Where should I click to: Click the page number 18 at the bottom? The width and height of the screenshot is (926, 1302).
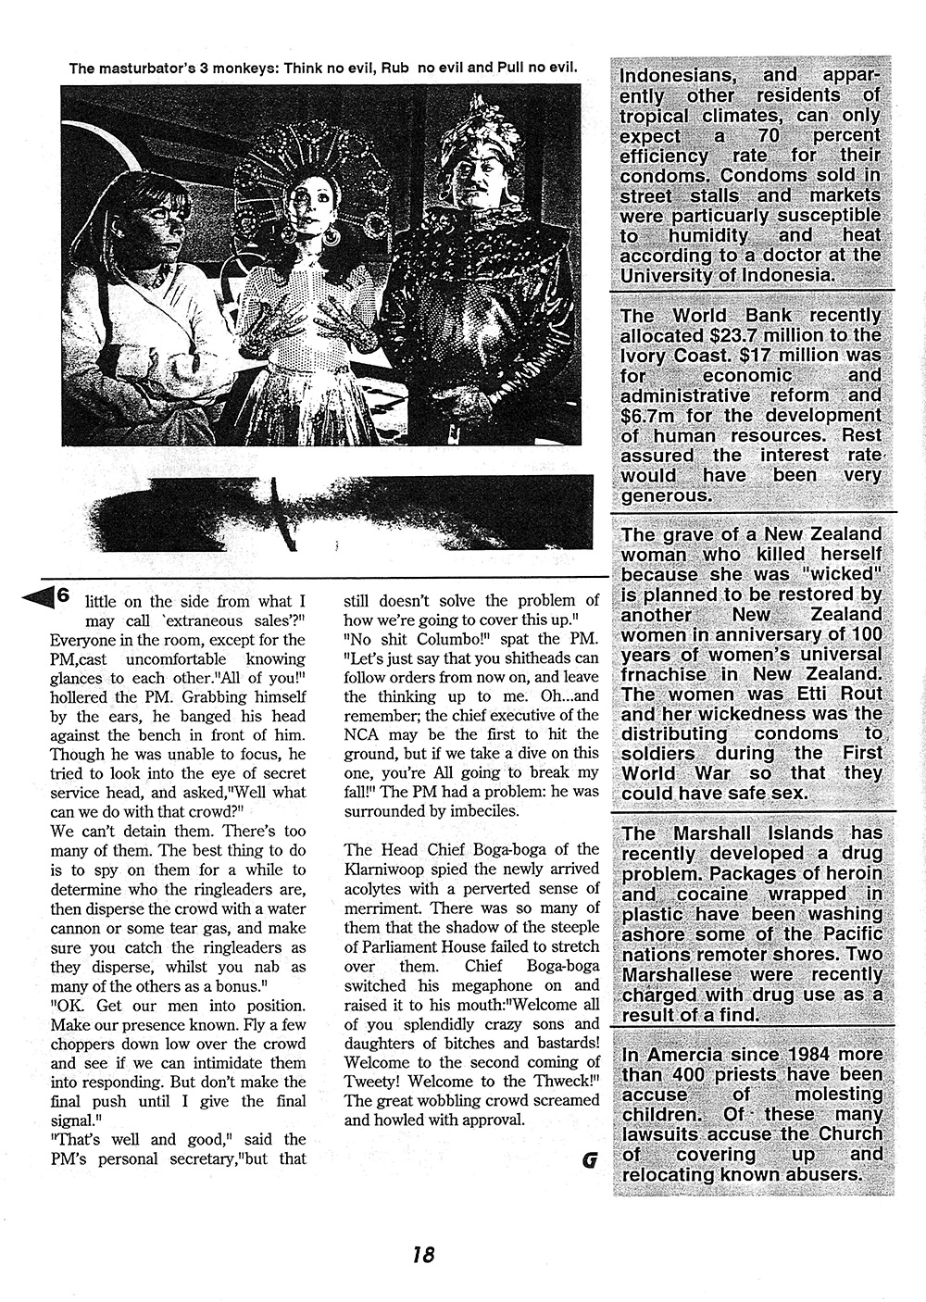coord(424,1255)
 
